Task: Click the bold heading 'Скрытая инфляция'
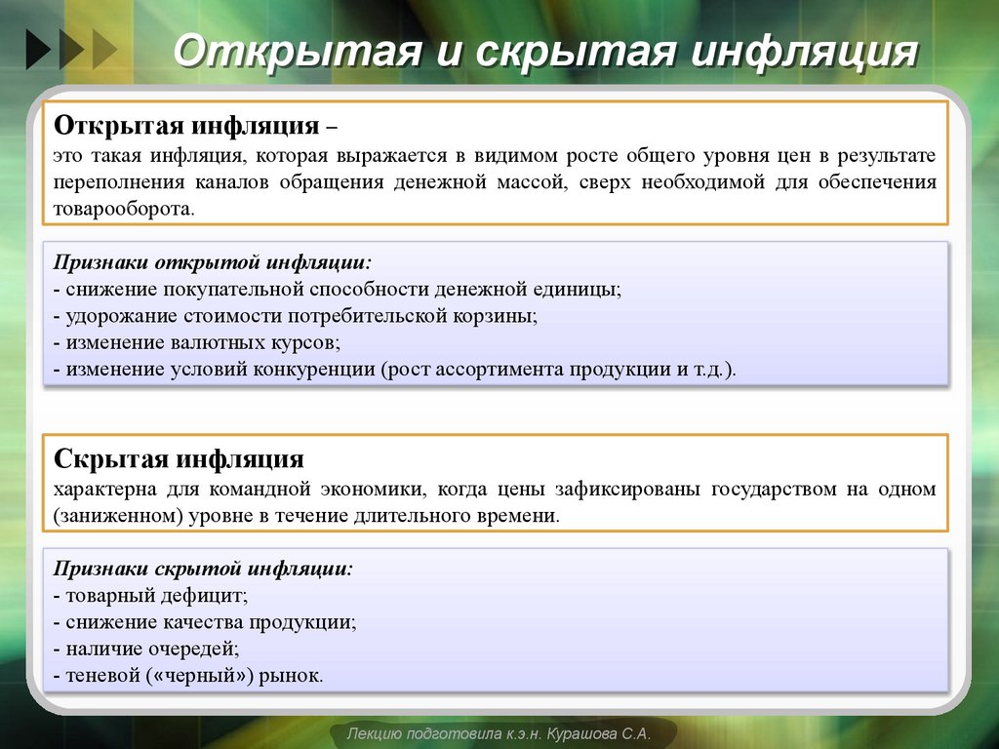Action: (x=180, y=459)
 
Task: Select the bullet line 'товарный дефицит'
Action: (x=155, y=595)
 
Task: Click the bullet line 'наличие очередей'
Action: (x=150, y=648)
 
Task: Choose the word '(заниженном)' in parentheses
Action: (x=118, y=515)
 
